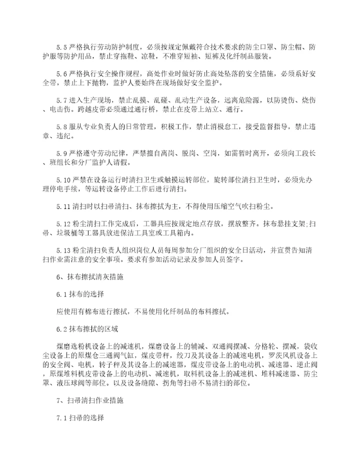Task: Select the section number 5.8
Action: (63, 124)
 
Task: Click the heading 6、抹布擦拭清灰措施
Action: (88, 275)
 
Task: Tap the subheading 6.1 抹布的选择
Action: (80, 294)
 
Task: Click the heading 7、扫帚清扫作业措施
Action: (88, 400)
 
